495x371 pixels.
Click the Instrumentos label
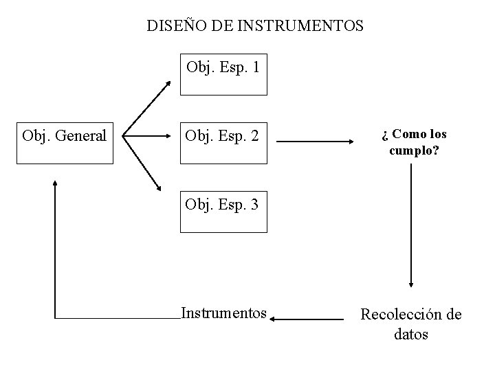coord(223,313)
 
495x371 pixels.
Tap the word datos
coord(411,335)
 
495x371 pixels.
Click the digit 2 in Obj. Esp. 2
coord(254,137)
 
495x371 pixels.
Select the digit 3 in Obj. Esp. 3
coord(254,204)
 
